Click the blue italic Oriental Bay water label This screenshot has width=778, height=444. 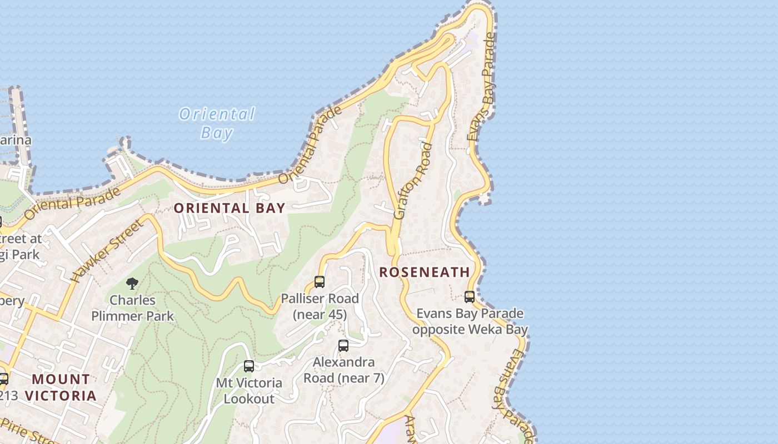pyautogui.click(x=217, y=123)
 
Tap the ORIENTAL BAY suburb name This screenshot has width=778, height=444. pyautogui.click(x=230, y=209)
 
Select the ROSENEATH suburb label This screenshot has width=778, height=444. pyautogui.click(x=425, y=272)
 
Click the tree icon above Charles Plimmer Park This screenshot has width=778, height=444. pyautogui.click(x=132, y=284)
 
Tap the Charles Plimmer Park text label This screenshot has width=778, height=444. pyautogui.click(x=132, y=308)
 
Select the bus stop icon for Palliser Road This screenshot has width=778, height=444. pyautogui.click(x=320, y=281)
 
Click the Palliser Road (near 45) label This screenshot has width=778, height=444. pyautogui.click(x=320, y=306)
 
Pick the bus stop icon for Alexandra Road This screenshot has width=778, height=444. pyautogui.click(x=343, y=345)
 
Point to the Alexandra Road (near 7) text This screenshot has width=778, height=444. pyautogui.click(x=343, y=370)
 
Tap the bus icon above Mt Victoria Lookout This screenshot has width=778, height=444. pyautogui.click(x=249, y=366)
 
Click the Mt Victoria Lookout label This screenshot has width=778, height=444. pyautogui.click(x=249, y=391)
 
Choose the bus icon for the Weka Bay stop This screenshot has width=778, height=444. pyautogui.click(x=470, y=297)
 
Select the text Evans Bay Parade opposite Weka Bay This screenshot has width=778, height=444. pyautogui.click(x=470, y=321)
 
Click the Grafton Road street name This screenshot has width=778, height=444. pyautogui.click(x=412, y=180)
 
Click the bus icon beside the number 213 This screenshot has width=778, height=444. pyautogui.click(x=3, y=379)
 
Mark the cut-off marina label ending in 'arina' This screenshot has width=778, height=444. pyautogui.click(x=15, y=140)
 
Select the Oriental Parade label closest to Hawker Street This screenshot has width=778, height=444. pyautogui.click(x=72, y=203)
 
